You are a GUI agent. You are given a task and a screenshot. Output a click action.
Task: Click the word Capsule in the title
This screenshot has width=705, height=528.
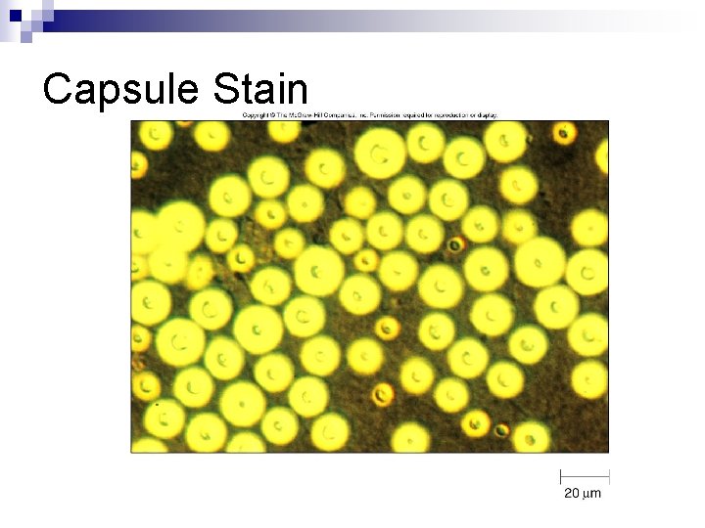[x=122, y=89]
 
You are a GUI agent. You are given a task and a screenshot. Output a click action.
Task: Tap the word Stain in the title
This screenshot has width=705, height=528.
[x=259, y=89]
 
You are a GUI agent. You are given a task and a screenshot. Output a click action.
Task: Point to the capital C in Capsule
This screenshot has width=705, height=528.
[x=58, y=89]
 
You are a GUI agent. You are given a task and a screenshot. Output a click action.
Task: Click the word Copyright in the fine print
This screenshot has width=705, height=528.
[x=258, y=115]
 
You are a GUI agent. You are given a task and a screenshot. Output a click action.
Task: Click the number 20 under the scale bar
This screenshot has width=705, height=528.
[x=572, y=493]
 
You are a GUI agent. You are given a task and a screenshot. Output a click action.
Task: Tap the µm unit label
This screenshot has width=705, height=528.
[x=592, y=493]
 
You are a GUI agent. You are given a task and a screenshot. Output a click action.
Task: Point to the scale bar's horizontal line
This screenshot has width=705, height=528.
[x=585, y=477]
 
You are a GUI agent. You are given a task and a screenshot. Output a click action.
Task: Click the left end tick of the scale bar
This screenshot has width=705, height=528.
[x=561, y=477]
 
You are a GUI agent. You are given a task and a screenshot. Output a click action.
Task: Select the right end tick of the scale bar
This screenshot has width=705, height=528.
[x=609, y=477]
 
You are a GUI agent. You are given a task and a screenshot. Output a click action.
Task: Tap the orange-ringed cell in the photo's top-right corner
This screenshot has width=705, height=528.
[x=563, y=133]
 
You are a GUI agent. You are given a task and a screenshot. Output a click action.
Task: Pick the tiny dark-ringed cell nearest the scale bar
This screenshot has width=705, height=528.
[x=501, y=430]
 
